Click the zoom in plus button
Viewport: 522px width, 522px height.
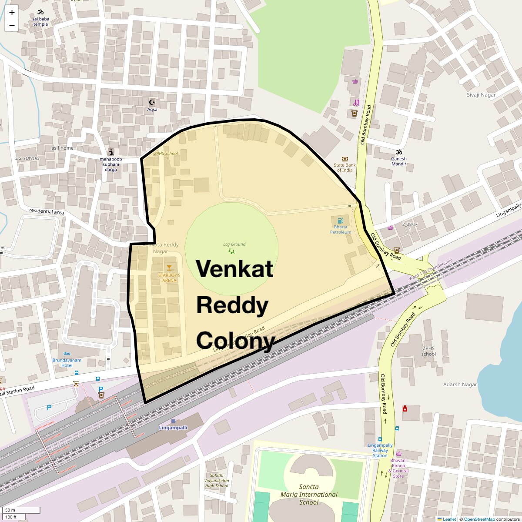click(x=12, y=13)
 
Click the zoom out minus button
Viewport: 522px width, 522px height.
click(x=12, y=25)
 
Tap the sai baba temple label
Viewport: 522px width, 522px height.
click(x=41, y=21)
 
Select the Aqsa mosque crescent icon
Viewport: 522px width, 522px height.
click(x=152, y=102)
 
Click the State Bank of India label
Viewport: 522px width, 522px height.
click(x=345, y=167)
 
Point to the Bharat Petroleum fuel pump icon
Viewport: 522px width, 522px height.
click(x=340, y=221)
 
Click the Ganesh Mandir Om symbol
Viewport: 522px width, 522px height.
click(x=398, y=152)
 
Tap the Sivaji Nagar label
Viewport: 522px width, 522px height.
click(x=481, y=95)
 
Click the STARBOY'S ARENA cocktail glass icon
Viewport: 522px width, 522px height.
click(x=169, y=267)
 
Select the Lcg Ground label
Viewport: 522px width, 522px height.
click(x=234, y=244)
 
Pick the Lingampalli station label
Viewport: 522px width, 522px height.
click(x=173, y=427)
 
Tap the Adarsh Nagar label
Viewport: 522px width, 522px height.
click(x=460, y=385)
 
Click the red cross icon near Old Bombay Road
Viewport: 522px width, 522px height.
click(x=405, y=408)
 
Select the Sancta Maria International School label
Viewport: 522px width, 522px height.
click(x=309, y=495)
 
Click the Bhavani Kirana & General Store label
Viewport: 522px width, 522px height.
click(x=398, y=468)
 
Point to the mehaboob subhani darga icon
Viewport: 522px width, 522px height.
click(x=111, y=152)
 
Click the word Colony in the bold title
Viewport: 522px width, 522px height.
click(x=235, y=341)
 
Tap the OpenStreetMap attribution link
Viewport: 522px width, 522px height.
click(x=479, y=519)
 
